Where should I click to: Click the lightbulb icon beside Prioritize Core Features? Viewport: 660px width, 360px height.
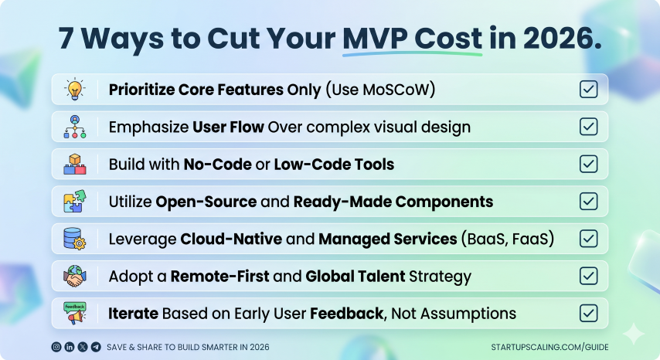coord(75,89)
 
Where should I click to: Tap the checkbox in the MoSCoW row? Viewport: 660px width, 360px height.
coord(588,89)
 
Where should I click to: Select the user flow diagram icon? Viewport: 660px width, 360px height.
coord(75,127)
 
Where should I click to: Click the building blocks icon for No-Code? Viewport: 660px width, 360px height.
coord(75,164)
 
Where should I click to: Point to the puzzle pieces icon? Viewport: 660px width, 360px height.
coord(75,201)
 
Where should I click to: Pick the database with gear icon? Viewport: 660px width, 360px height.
coord(75,239)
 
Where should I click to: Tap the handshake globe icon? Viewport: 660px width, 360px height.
coord(75,276)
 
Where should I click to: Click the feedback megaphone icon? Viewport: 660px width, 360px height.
coord(75,314)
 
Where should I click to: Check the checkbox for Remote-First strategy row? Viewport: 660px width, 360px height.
coord(588,276)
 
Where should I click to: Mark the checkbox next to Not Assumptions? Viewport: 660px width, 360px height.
coord(588,314)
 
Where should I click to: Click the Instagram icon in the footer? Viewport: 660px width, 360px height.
coord(56,347)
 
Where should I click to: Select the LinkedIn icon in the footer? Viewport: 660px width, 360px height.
coord(70,347)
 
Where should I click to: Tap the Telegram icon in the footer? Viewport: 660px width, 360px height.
coord(96,347)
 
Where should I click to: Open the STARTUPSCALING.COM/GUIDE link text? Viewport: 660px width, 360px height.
coord(549,347)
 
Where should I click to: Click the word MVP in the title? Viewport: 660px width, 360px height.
coord(376,39)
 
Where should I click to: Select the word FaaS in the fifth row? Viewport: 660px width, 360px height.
coord(533,239)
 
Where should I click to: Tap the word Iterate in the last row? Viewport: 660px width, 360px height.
coord(133,314)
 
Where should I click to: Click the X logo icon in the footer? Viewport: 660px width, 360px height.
coord(83,347)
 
